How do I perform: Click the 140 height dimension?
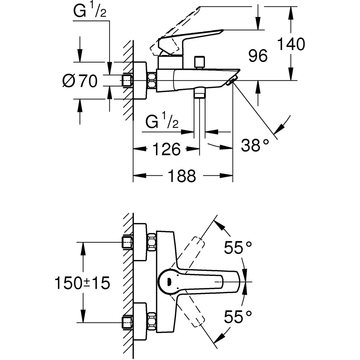(x=291, y=44)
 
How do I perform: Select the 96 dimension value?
(x=258, y=56)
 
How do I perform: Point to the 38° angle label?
(x=255, y=145)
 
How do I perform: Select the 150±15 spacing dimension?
(x=82, y=283)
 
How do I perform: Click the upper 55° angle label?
(x=238, y=247)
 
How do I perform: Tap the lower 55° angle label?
(x=238, y=317)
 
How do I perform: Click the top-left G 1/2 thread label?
(x=90, y=12)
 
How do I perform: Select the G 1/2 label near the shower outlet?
(x=162, y=122)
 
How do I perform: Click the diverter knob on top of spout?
(x=199, y=62)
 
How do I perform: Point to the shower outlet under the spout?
(x=199, y=94)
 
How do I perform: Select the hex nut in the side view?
(x=152, y=80)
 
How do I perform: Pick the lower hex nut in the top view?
(x=152, y=320)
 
